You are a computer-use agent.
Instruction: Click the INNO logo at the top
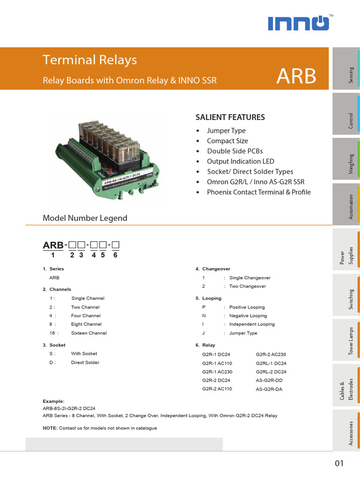tap(298, 23)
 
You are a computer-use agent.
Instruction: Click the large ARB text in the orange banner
tap(296, 76)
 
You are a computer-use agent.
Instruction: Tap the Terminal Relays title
tap(90, 60)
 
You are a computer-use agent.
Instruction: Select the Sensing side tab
tap(346, 68)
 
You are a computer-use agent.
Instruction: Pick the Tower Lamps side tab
tap(346, 341)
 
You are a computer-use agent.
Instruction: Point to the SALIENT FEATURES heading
tap(230, 117)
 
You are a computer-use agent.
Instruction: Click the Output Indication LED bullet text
tap(240, 161)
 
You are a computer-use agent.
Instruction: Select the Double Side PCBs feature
tap(235, 151)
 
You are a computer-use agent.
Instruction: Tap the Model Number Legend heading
tap(85, 218)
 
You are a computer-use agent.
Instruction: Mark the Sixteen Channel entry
tap(89, 333)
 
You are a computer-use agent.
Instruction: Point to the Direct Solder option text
tap(85, 362)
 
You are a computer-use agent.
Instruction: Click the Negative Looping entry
tap(248, 316)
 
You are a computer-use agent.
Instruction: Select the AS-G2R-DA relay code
tap(269, 390)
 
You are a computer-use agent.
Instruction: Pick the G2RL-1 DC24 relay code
tap(271, 363)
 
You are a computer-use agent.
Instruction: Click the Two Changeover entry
tap(247, 286)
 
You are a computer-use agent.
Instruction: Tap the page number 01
tap(339, 464)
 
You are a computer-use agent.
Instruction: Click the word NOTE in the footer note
tap(50, 428)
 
